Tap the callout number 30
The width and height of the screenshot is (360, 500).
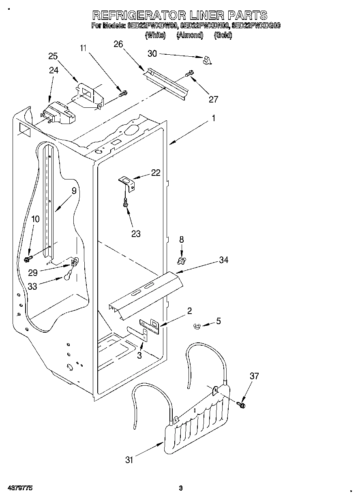(152, 53)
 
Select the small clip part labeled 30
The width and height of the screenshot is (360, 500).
(208, 60)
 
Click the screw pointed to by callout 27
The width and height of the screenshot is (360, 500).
(189, 74)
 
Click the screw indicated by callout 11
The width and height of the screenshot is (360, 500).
(123, 94)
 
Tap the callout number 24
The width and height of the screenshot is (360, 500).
(54, 70)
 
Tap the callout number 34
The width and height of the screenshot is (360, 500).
(223, 260)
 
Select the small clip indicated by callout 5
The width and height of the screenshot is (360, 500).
(197, 325)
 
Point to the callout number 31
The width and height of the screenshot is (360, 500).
(129, 459)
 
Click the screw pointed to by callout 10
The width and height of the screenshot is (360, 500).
(28, 258)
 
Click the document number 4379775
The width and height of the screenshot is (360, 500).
(19, 488)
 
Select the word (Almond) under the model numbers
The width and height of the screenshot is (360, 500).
(190, 35)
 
